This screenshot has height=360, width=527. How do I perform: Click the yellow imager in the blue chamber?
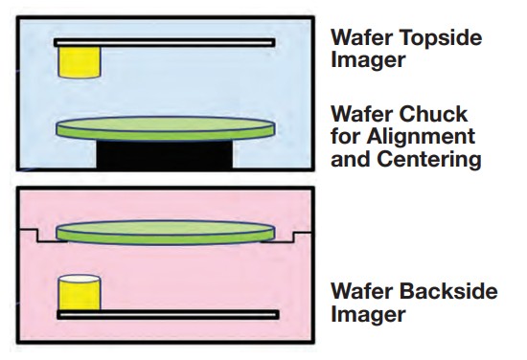(x=79, y=62)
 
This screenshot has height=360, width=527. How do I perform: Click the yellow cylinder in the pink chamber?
(x=79, y=292)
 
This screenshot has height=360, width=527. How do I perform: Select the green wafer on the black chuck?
(x=164, y=127)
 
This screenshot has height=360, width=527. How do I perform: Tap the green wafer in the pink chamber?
(x=164, y=231)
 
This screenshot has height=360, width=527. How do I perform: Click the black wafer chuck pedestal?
(x=164, y=155)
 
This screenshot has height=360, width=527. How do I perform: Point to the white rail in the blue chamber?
(x=164, y=42)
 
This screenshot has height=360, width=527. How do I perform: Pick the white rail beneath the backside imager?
(x=168, y=314)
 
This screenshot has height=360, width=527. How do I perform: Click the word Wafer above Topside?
(x=363, y=38)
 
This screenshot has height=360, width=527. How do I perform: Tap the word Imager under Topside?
(x=363, y=61)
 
